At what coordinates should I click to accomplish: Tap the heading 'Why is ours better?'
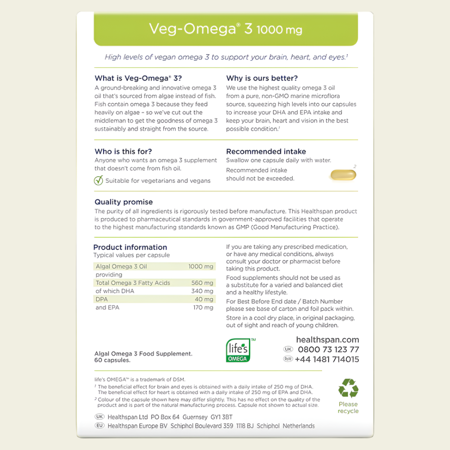261,78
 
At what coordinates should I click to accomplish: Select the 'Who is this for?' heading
123,152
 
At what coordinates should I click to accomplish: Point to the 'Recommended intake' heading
266,152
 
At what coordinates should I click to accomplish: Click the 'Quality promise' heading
117,202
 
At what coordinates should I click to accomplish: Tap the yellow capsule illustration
342,175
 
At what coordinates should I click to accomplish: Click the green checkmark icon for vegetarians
99,180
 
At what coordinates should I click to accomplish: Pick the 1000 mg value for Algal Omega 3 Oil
201,267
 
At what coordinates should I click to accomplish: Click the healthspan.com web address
327,340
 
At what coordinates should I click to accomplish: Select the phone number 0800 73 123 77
328,350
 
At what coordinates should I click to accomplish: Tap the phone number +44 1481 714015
327,359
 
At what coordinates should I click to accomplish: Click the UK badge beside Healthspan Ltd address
99,417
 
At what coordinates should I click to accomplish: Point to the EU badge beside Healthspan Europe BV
99,425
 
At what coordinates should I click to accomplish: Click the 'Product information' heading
130,247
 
